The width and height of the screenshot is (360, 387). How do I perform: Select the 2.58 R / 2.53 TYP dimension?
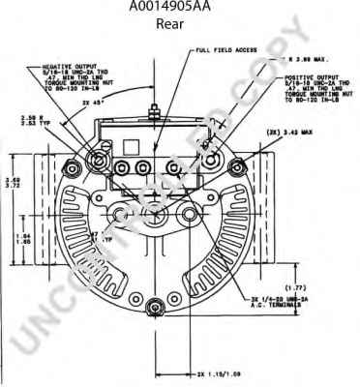[55, 120]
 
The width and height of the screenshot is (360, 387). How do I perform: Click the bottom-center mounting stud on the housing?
[154, 309]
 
